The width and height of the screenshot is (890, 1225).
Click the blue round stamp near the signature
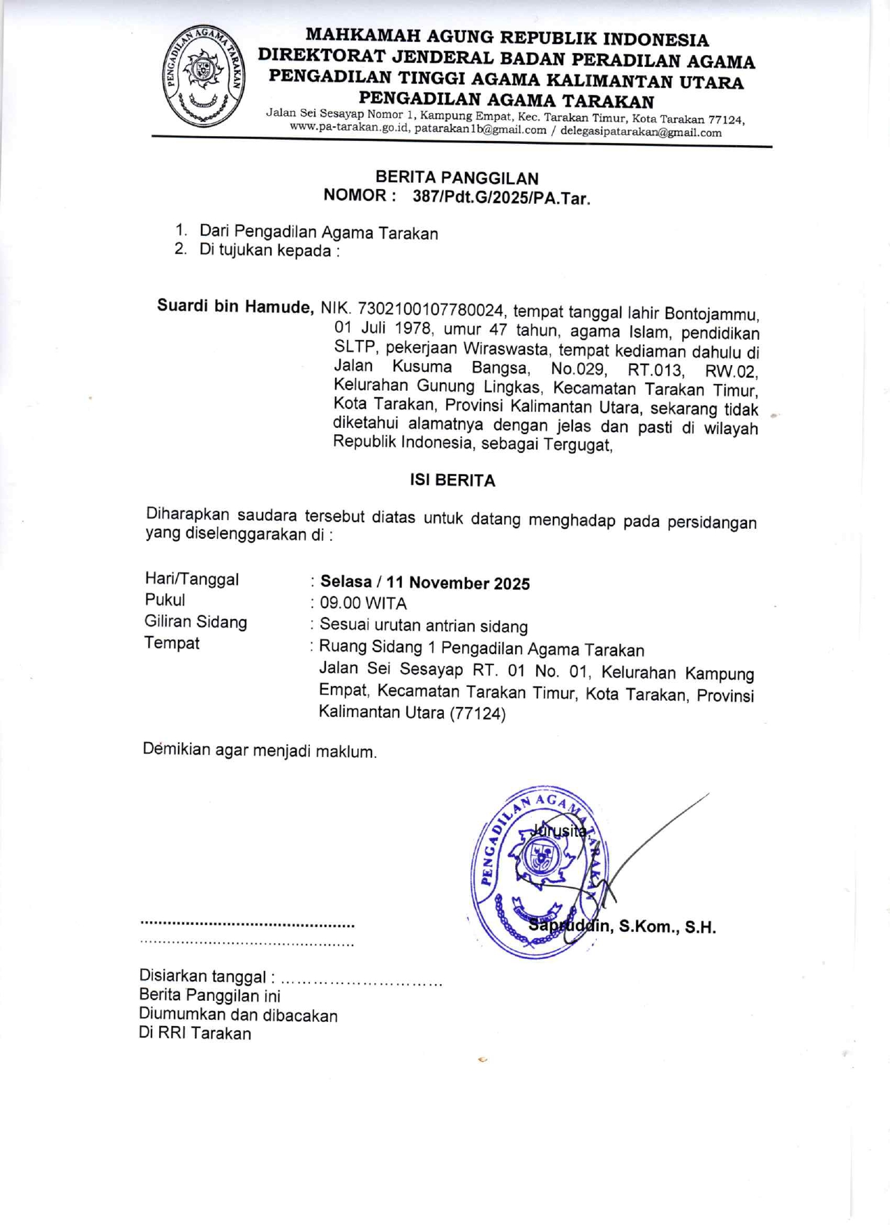(x=540, y=872)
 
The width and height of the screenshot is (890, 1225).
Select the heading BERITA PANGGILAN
(x=457, y=178)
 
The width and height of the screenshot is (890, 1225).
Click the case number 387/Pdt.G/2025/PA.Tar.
(x=501, y=198)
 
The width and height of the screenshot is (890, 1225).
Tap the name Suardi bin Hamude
(x=235, y=306)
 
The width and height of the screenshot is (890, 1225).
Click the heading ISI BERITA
(x=452, y=480)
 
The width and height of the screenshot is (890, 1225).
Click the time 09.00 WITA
(x=363, y=603)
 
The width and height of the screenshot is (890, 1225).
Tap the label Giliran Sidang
(x=195, y=622)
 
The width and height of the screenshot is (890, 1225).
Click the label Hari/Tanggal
(x=191, y=579)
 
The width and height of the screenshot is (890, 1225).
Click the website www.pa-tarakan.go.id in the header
(x=348, y=128)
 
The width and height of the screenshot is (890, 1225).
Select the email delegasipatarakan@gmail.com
(x=640, y=132)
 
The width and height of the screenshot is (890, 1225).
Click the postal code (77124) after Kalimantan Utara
(x=477, y=713)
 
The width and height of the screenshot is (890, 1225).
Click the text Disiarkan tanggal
(x=202, y=977)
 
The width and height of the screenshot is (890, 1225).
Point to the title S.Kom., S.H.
(x=667, y=928)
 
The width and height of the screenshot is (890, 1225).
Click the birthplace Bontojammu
(x=711, y=313)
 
